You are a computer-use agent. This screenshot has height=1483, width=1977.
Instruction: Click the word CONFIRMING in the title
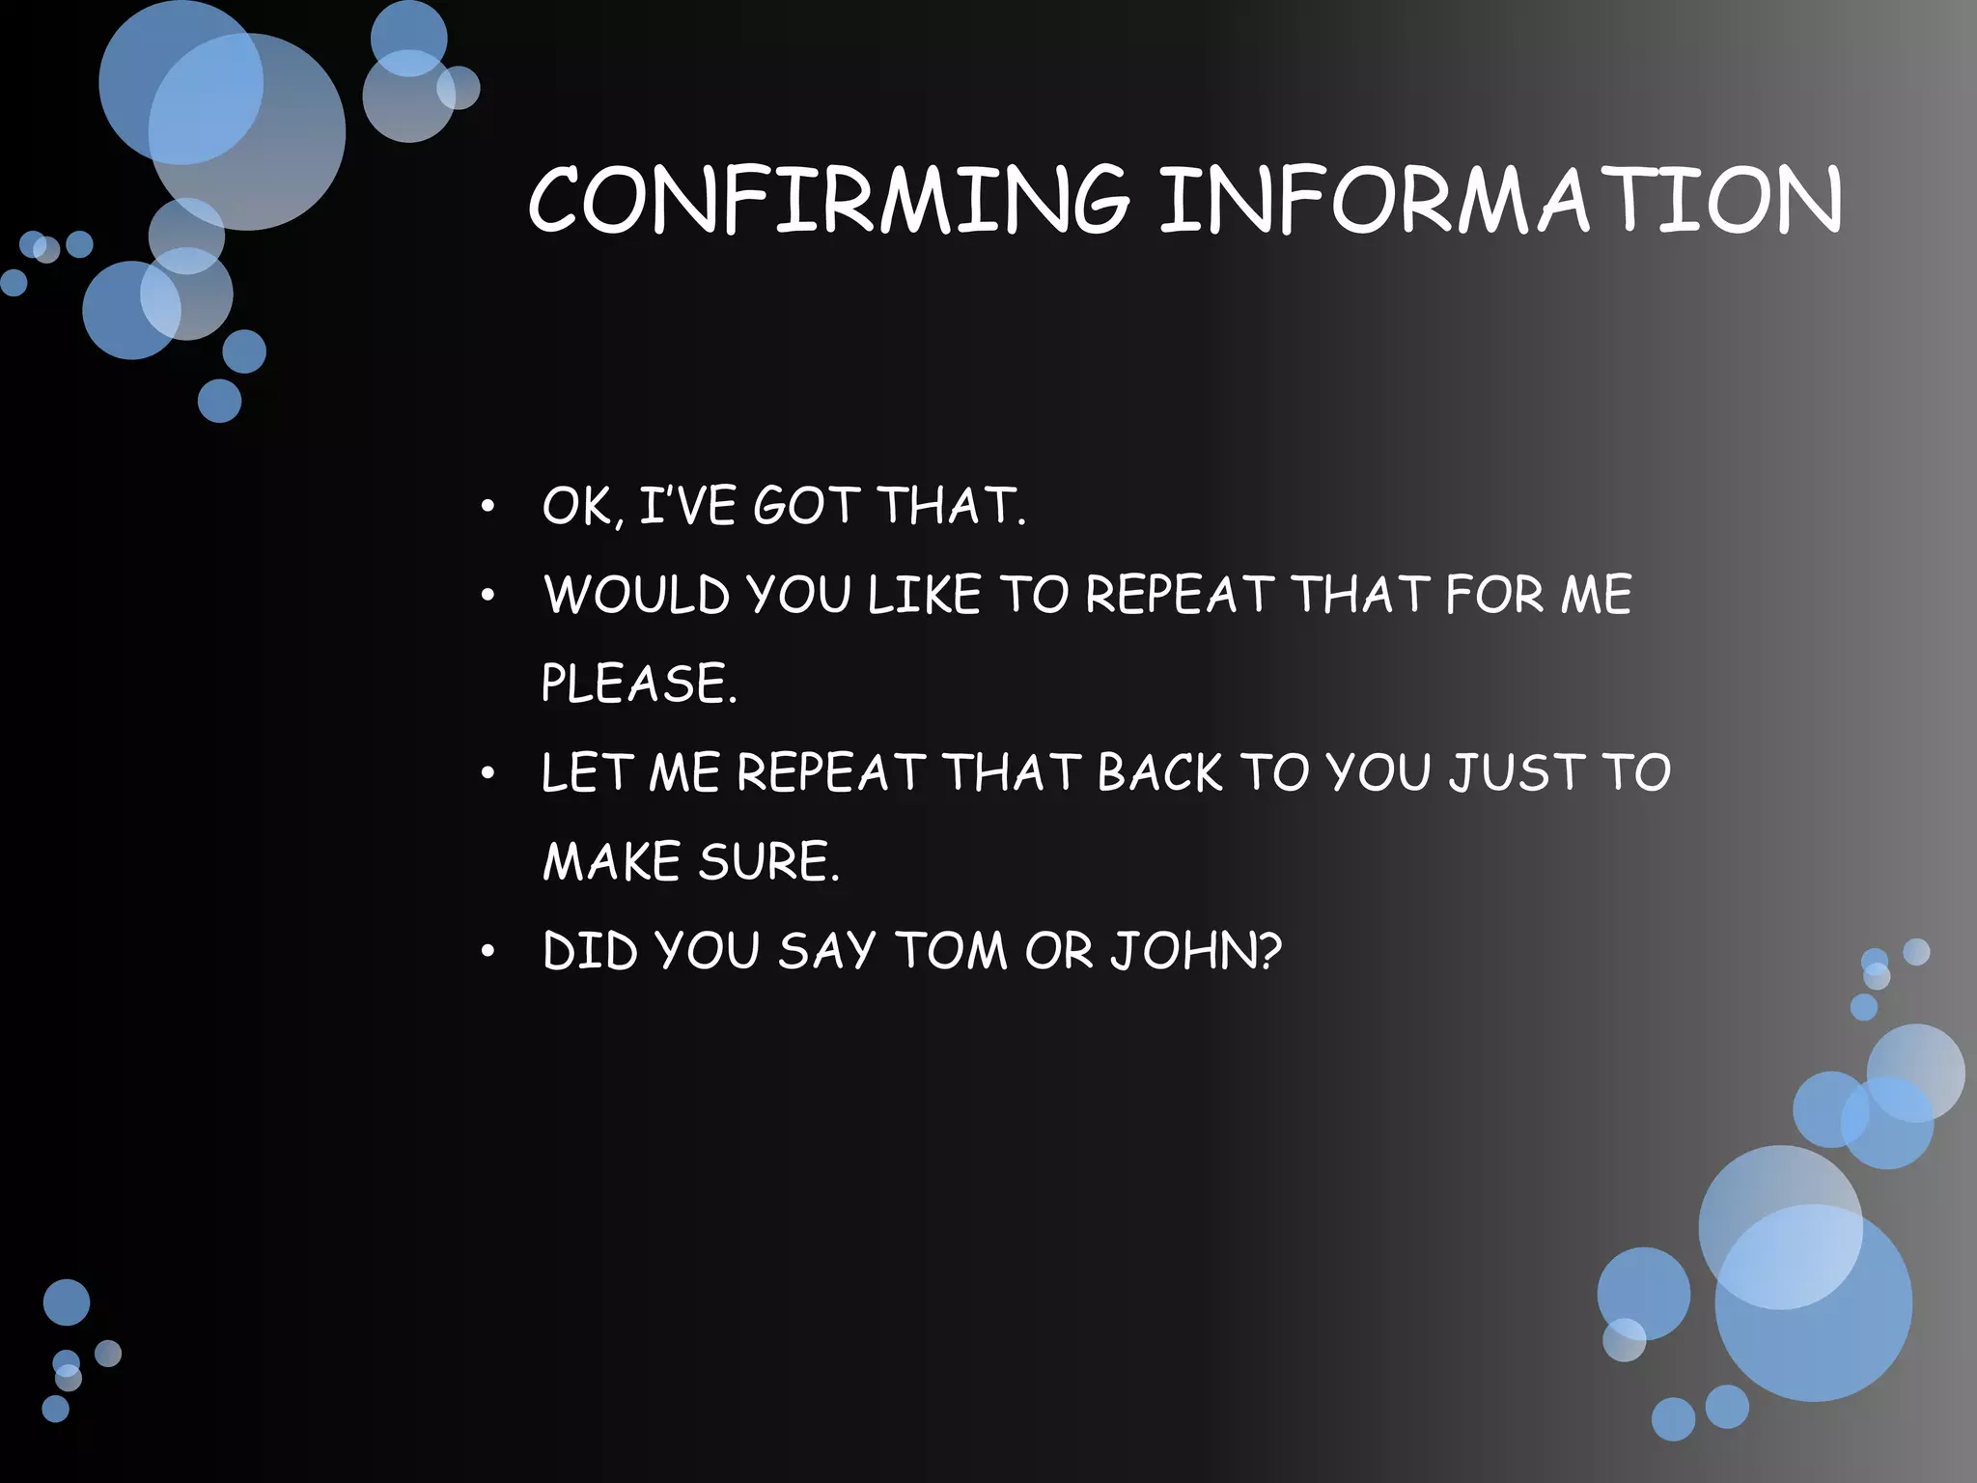coord(828,200)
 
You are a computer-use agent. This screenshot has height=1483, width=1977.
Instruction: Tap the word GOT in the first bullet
coord(806,506)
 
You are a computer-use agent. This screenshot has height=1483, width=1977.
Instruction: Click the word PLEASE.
coord(638,684)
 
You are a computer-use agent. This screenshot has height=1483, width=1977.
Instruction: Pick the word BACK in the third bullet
coord(1159,773)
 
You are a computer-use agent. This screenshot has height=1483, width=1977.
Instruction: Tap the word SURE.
coord(768,862)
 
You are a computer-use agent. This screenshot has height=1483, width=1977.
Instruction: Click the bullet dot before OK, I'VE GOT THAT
coord(488,507)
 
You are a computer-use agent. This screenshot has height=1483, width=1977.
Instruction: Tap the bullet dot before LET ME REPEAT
coord(488,773)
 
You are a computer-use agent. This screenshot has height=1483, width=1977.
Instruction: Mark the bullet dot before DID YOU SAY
coord(488,952)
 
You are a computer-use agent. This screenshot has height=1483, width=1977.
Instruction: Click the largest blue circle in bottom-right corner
coord(1813,1303)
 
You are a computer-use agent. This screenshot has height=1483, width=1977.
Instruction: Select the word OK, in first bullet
coord(577,506)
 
